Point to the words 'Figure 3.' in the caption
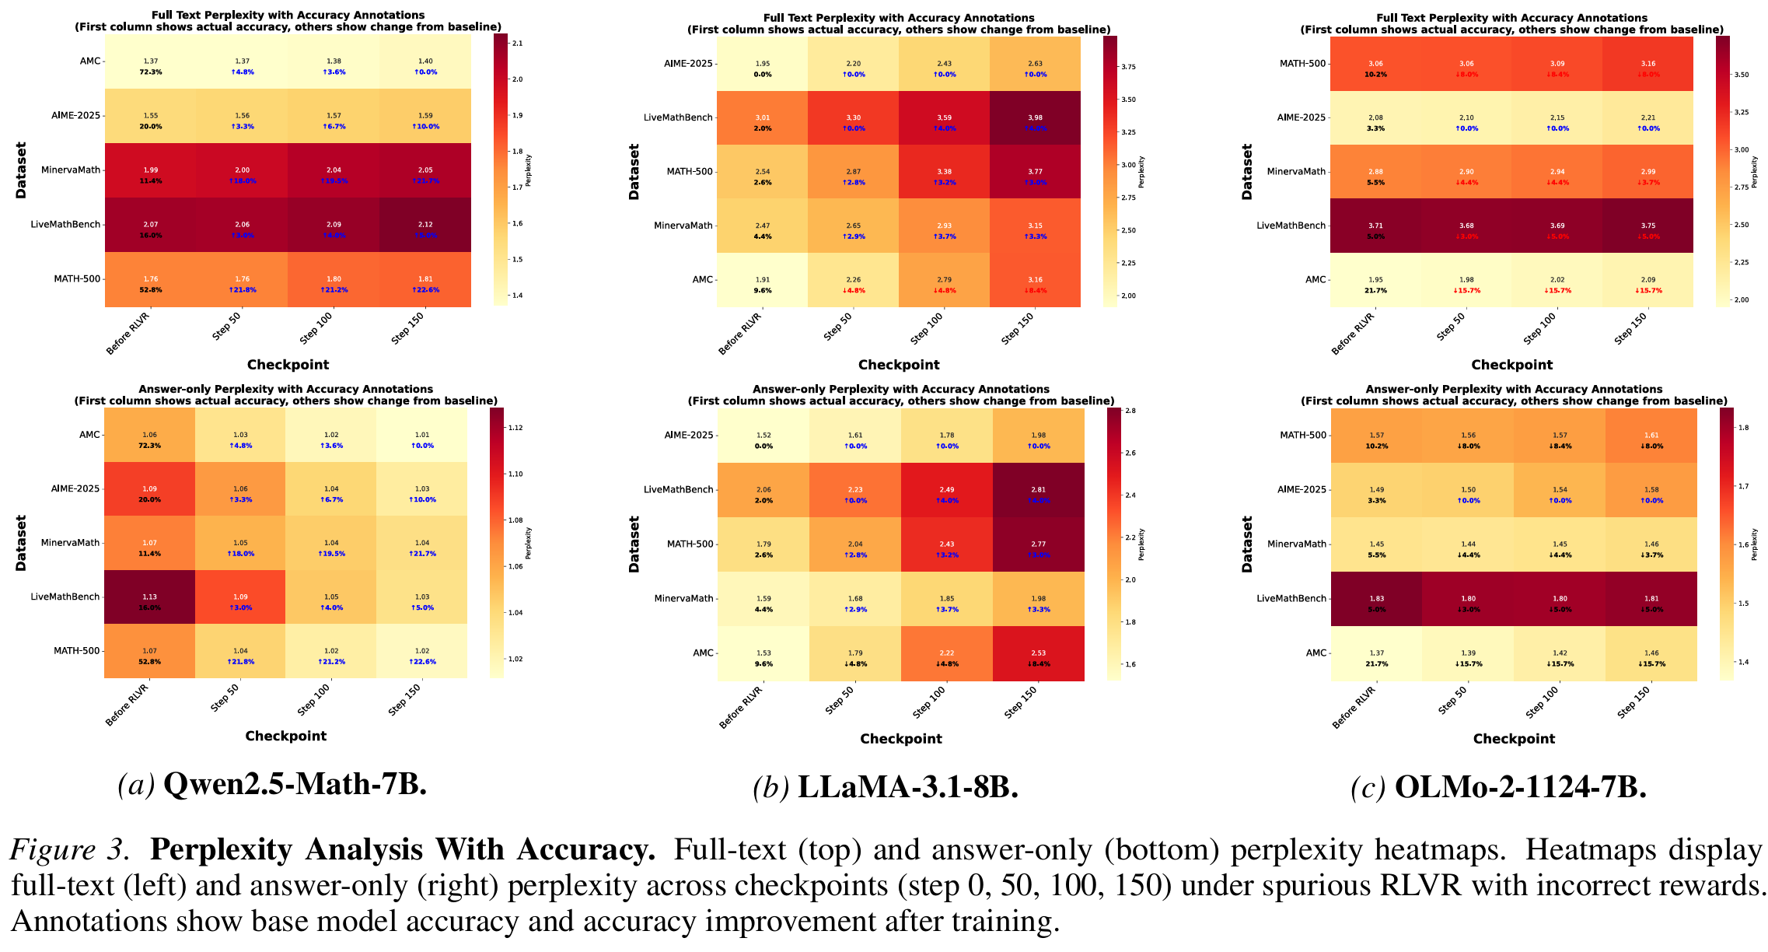pos(68,850)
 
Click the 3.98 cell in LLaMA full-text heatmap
pos(1036,118)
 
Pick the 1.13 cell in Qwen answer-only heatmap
pos(149,597)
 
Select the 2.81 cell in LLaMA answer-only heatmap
pos(1038,490)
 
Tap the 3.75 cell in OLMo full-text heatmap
pos(1648,226)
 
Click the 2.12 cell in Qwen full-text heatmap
pos(425,225)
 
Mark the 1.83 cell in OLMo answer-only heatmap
pos(1376,599)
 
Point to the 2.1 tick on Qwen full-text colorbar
pos(517,44)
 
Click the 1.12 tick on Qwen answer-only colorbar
pos(515,428)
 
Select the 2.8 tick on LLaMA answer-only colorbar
pos(1130,411)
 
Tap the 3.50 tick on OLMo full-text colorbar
pos(1742,75)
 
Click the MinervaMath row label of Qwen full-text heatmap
pos(71,170)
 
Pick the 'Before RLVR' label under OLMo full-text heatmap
pos(1353,334)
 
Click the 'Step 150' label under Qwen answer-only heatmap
pos(405,698)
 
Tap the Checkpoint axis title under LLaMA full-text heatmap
pos(898,365)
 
